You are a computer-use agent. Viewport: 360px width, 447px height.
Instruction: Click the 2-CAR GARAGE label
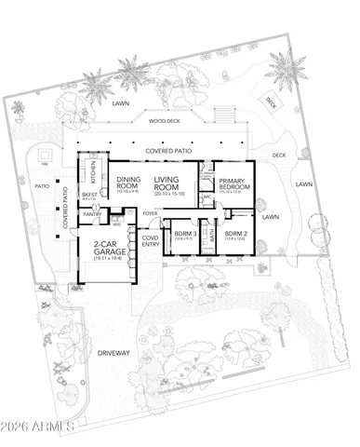click(x=111, y=248)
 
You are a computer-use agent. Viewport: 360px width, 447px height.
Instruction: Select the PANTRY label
click(x=93, y=213)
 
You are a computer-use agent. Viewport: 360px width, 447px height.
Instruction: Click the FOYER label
click(x=149, y=213)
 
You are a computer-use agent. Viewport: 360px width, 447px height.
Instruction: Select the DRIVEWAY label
click(x=110, y=354)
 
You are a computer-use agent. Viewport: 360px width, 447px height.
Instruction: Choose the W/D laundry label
click(x=115, y=223)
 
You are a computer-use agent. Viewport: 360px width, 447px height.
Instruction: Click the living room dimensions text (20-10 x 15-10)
click(x=169, y=193)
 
